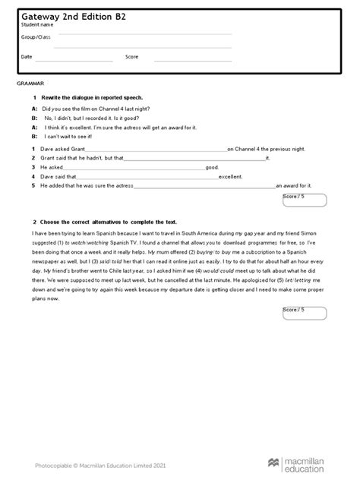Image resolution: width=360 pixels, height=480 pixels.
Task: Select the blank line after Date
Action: tap(75, 59)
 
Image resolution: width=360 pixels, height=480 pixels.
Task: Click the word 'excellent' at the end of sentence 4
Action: tap(230, 175)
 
